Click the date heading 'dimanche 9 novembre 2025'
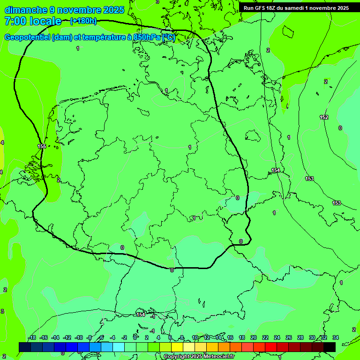(x=64, y=10)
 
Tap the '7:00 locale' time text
(x=33, y=21)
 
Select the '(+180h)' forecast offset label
(x=83, y=21)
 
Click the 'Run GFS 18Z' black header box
(x=296, y=7)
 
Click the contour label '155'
(x=42, y=147)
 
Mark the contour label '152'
(x=324, y=117)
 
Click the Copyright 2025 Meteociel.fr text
(x=199, y=357)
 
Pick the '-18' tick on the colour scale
(x=31, y=338)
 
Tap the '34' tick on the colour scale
(x=336, y=338)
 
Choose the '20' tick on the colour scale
(x=254, y=338)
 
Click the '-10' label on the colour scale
(x=78, y=338)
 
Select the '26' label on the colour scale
(x=289, y=338)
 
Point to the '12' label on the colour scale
(x=207, y=338)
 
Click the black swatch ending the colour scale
(x=330, y=347)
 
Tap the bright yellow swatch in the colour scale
(x=177, y=347)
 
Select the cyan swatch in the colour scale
(x=119, y=347)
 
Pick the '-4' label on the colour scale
(x=113, y=338)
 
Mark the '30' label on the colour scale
(x=312, y=338)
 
